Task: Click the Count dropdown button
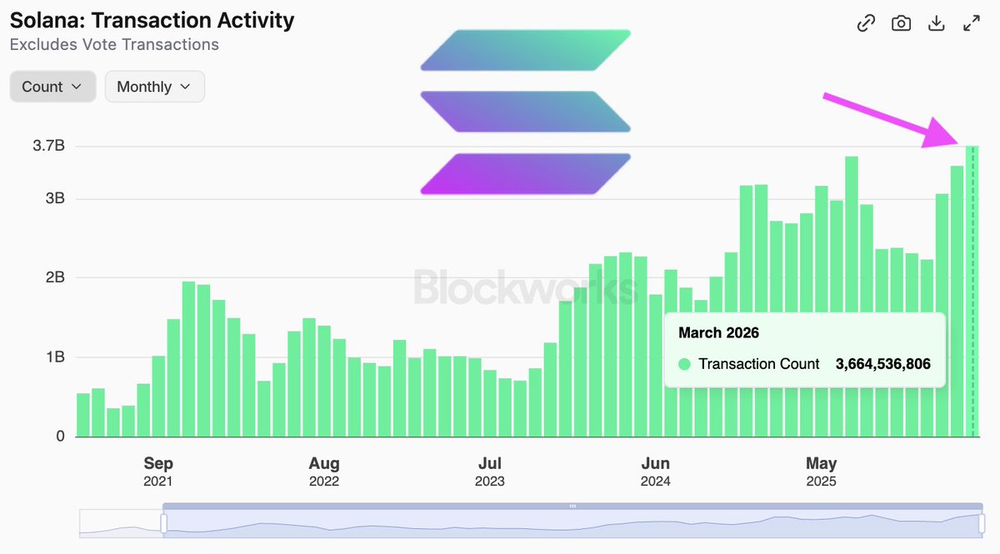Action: [x=52, y=87]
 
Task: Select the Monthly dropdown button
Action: [x=154, y=87]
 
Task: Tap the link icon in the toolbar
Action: [x=866, y=23]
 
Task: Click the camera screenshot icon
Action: [x=901, y=23]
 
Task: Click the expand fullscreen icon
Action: [x=971, y=23]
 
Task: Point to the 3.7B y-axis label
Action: [x=48, y=147]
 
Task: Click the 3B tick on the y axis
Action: [x=54, y=199]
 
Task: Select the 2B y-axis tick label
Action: [x=54, y=278]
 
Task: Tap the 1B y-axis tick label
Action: [x=54, y=357]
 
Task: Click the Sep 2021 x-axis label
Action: [x=158, y=471]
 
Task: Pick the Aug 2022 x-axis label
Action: [x=324, y=471]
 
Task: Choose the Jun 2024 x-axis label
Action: [x=656, y=471]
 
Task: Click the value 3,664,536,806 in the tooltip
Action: [x=882, y=364]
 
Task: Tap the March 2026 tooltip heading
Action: [x=718, y=333]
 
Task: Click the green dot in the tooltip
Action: [x=685, y=364]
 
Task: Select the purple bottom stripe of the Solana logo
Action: [x=525, y=173]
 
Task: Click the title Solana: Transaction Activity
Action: [x=152, y=20]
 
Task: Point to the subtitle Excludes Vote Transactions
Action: [x=114, y=45]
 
